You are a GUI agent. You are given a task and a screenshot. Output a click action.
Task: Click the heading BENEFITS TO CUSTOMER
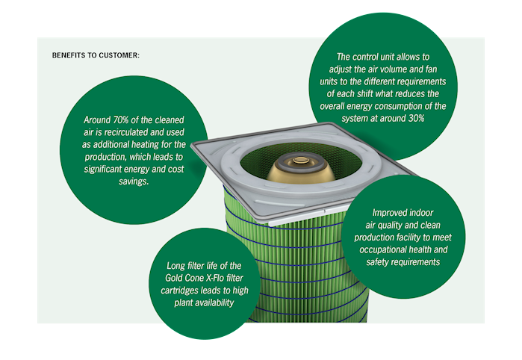pyautogui.click(x=96, y=55)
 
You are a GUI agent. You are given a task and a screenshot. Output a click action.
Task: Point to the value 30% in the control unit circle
pyautogui.click(x=417, y=119)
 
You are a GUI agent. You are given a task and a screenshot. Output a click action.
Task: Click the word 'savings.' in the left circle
pyautogui.click(x=134, y=181)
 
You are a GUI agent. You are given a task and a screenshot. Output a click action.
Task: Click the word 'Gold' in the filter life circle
pyautogui.click(x=173, y=278)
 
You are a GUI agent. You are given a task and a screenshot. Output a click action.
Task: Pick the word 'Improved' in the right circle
pyautogui.click(x=386, y=213)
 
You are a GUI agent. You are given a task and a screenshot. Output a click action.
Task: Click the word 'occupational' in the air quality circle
pyautogui.click(x=379, y=249)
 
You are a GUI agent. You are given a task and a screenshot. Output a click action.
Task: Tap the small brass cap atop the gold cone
pyautogui.click(x=301, y=161)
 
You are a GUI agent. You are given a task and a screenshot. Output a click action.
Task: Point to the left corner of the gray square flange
pyautogui.click(x=192, y=143)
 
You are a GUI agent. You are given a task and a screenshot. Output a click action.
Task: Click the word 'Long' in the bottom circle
pyautogui.click(x=175, y=266)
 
